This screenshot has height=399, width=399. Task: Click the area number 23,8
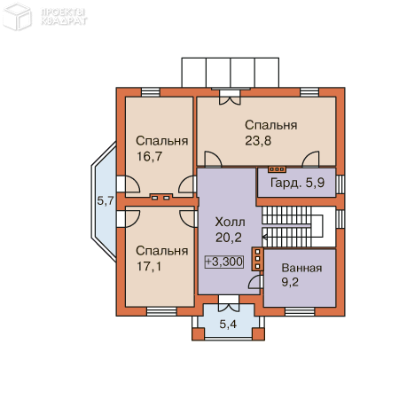(x=258, y=141)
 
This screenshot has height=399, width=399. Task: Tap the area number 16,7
(x=150, y=157)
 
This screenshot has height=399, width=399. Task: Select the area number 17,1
(x=149, y=267)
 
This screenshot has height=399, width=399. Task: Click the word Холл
(x=230, y=222)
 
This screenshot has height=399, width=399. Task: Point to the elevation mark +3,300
(x=224, y=262)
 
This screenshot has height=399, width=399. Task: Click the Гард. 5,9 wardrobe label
(x=297, y=183)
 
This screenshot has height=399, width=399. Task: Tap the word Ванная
(x=301, y=268)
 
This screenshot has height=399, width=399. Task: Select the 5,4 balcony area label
(x=228, y=325)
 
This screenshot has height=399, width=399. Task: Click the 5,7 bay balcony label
(x=106, y=201)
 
